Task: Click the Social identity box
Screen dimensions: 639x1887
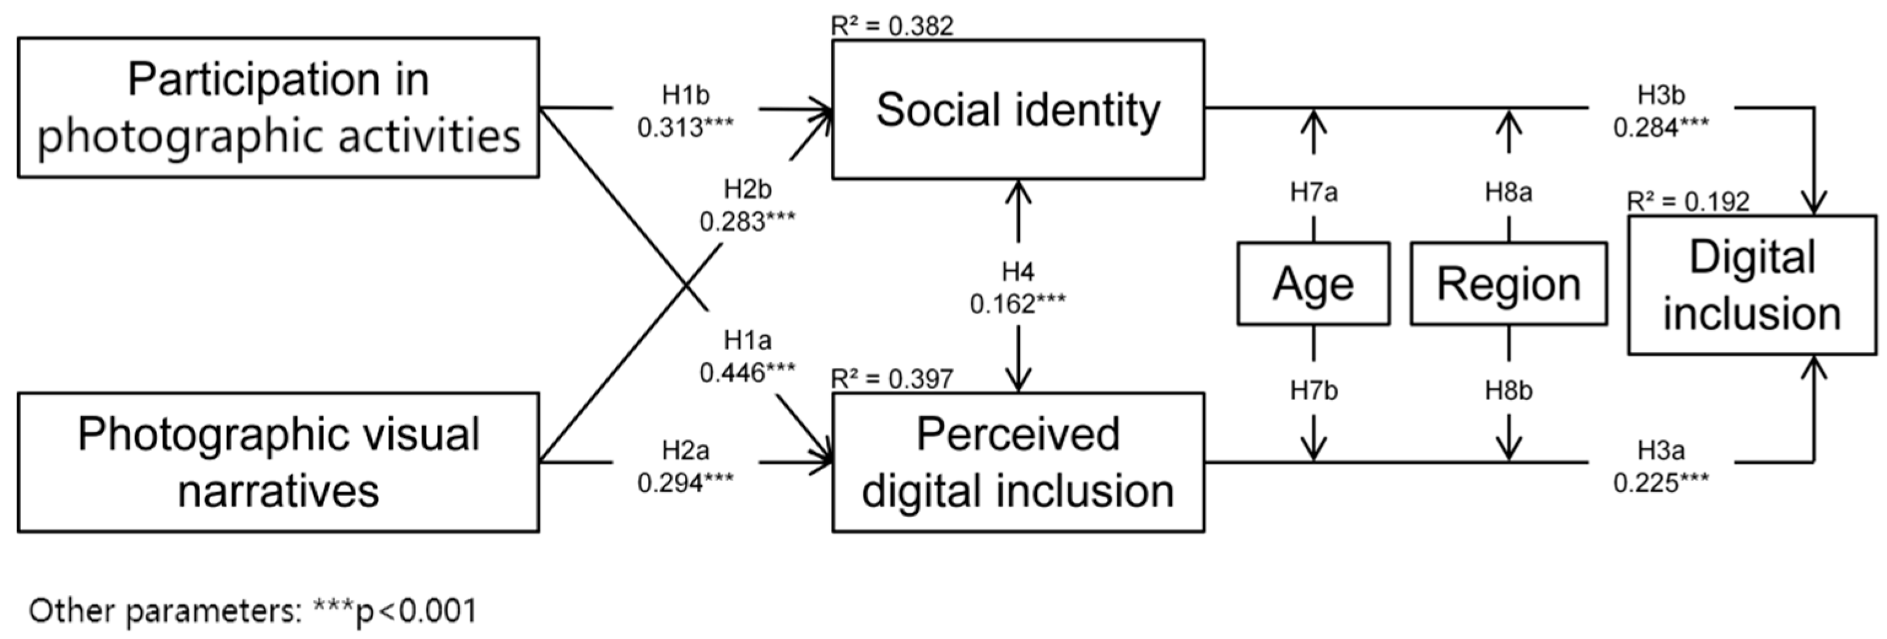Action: click(1017, 109)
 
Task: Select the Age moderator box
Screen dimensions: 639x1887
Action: click(1313, 284)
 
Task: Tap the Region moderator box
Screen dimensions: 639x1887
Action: click(1508, 284)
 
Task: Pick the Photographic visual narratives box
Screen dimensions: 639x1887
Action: click(279, 462)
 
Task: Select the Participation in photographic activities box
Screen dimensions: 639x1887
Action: click(279, 107)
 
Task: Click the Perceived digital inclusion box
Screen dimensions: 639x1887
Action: click(1017, 462)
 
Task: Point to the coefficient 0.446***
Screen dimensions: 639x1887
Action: click(747, 373)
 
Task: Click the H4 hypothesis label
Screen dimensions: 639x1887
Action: click(1017, 273)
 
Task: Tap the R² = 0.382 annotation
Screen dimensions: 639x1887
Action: click(892, 26)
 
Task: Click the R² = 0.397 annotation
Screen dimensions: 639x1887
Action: click(892, 379)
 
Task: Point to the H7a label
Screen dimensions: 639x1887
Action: click(1313, 193)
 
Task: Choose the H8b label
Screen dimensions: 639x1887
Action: click(1508, 391)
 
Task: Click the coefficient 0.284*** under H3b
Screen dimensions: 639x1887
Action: click(1661, 128)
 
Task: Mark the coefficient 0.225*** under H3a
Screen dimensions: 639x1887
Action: click(1661, 483)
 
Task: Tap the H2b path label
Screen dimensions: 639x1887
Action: click(747, 190)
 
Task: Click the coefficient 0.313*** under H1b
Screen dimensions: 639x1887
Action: click(685, 128)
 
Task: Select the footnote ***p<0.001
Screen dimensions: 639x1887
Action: click(396, 610)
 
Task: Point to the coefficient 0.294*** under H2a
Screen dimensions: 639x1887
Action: click(685, 483)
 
